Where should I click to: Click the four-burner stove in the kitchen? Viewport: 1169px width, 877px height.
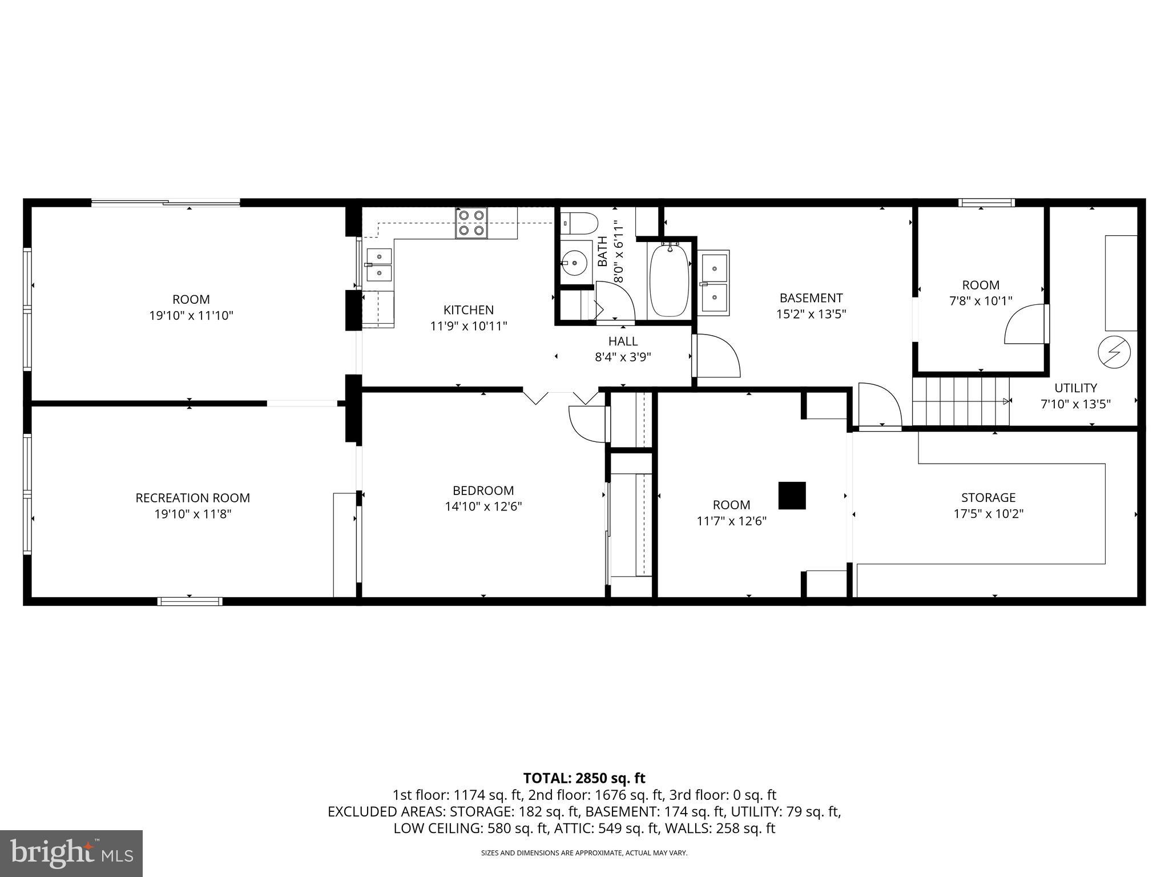[471, 223]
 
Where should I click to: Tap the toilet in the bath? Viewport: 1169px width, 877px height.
[578, 223]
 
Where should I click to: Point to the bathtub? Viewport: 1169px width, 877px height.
[669, 280]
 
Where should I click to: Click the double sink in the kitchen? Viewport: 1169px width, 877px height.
[379, 265]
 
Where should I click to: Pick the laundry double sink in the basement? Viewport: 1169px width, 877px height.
[714, 283]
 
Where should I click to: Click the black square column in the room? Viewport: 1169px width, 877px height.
[792, 496]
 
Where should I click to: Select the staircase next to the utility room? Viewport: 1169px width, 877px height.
[960, 401]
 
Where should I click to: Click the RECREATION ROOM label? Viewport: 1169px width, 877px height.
[192, 498]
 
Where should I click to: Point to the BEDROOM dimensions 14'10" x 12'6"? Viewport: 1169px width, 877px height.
[483, 506]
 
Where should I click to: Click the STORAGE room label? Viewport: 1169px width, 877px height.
[988, 497]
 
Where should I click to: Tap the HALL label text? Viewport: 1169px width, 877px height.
[623, 341]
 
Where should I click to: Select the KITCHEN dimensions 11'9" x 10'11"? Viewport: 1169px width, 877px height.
[468, 326]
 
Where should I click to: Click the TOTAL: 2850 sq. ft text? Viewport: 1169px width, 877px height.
[584, 778]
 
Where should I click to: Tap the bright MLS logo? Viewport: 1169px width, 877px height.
[71, 853]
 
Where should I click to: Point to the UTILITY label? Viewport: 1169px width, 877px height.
[1075, 388]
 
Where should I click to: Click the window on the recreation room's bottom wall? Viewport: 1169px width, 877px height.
[190, 601]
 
